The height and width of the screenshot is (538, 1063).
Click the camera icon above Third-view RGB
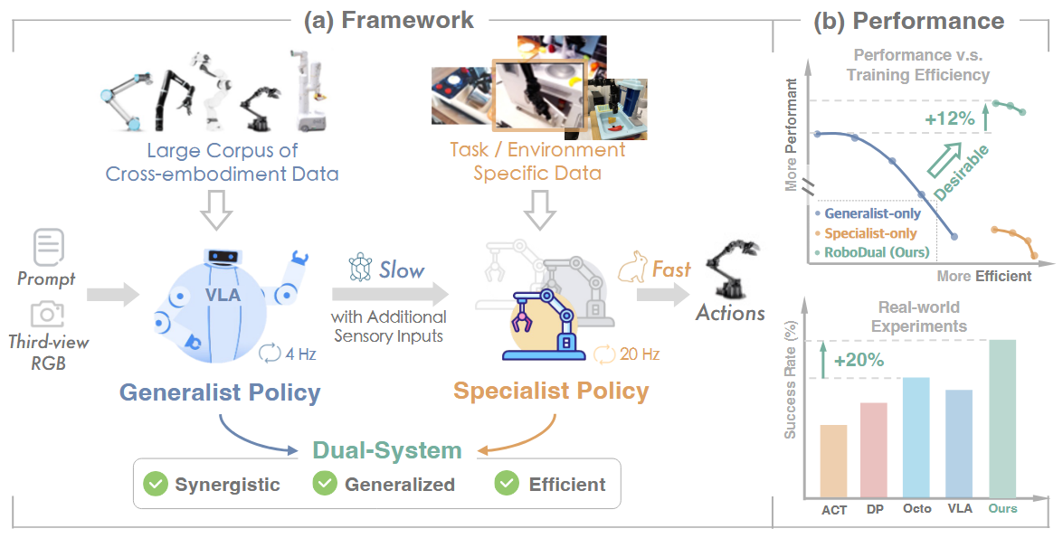pyautogui.click(x=47, y=314)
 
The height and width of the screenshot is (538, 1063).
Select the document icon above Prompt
pyautogui.click(x=47, y=246)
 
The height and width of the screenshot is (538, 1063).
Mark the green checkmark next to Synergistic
pyautogui.click(x=157, y=484)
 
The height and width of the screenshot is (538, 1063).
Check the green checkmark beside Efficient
pyautogui.click(x=507, y=484)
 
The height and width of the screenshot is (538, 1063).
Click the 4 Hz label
pyautogui.click(x=299, y=354)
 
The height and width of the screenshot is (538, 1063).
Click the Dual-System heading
pyautogui.click(x=387, y=450)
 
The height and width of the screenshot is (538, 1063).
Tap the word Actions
pyautogui.click(x=730, y=313)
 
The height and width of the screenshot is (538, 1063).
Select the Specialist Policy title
pyautogui.click(x=551, y=392)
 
